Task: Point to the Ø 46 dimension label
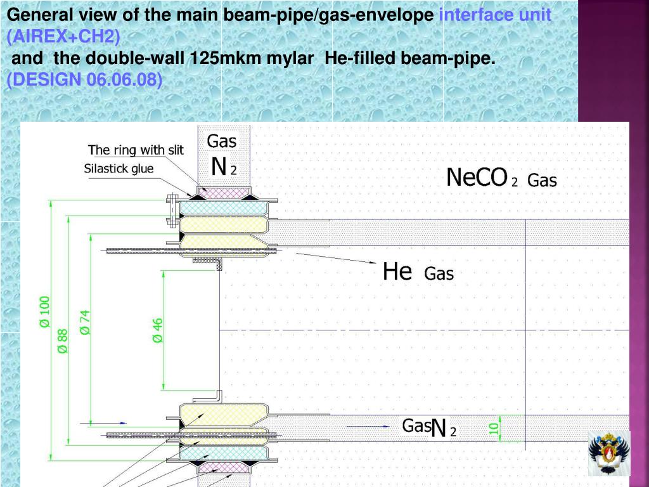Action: tap(158, 330)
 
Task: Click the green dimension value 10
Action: tap(494, 428)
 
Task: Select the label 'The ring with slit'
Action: tap(136, 150)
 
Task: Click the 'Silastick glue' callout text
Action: tap(119, 169)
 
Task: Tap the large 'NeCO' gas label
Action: tap(477, 178)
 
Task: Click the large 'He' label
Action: tap(397, 272)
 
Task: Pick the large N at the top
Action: tap(219, 167)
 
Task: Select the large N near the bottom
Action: tap(439, 429)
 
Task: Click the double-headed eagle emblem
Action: tap(608, 453)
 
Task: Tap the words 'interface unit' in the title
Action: tap(495, 15)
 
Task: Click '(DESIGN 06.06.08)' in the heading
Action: tap(84, 80)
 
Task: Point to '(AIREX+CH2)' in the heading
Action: tap(63, 37)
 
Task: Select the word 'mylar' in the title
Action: tap(292, 58)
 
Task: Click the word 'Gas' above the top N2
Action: tap(222, 141)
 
